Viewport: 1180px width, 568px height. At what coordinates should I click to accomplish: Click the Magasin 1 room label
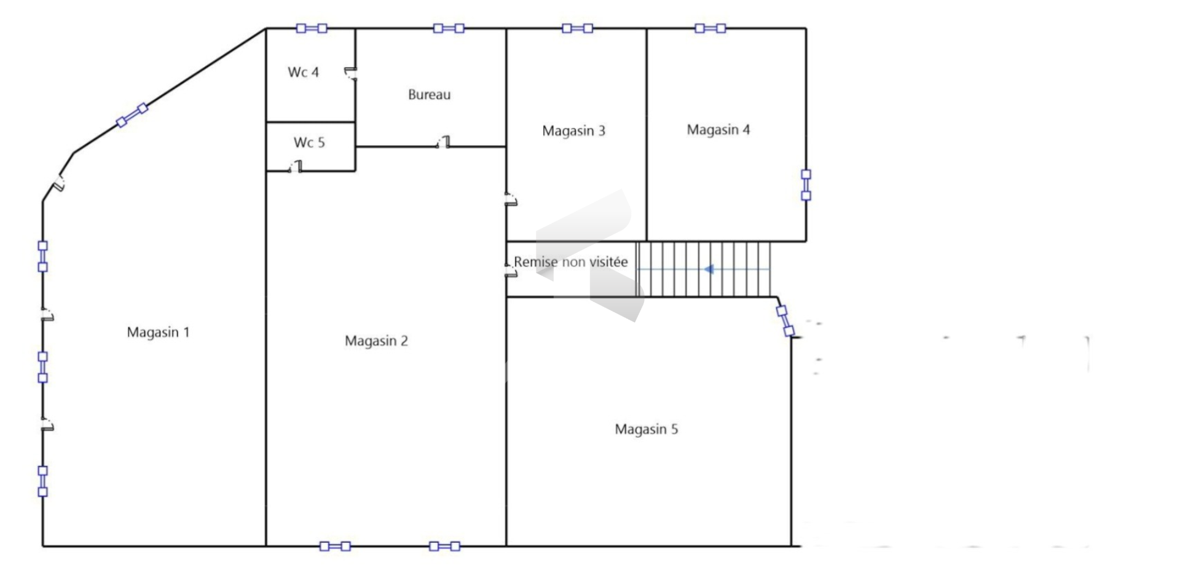click(x=158, y=333)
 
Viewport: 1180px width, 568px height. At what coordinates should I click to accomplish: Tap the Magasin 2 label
click(x=376, y=341)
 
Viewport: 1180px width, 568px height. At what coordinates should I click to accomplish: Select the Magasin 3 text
click(x=573, y=131)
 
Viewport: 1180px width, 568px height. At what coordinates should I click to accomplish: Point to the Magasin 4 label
click(x=718, y=130)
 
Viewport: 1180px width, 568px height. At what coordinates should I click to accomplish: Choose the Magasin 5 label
click(x=646, y=429)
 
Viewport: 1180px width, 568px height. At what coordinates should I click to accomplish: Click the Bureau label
click(x=429, y=95)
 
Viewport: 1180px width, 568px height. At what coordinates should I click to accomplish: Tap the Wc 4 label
click(x=303, y=72)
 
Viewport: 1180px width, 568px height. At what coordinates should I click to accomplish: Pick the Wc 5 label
click(x=309, y=143)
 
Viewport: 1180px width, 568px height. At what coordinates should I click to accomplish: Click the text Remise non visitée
click(x=571, y=262)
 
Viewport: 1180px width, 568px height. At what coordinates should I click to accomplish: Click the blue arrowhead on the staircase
click(x=709, y=269)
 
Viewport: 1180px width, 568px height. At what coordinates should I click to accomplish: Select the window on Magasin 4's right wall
click(x=806, y=185)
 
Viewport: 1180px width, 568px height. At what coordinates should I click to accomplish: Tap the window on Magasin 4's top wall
click(x=710, y=28)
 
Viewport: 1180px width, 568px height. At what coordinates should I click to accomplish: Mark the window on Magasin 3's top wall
click(x=577, y=28)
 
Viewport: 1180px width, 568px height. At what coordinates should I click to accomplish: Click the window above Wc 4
click(x=312, y=28)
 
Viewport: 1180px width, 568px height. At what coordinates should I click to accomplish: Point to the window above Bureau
click(x=449, y=28)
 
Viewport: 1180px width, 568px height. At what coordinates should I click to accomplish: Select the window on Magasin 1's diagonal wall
click(x=132, y=115)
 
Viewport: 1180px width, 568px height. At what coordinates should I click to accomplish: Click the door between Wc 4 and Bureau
click(x=351, y=74)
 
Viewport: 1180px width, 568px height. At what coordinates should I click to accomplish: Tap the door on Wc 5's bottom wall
click(x=296, y=167)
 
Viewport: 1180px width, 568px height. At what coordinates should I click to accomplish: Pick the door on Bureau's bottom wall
click(x=443, y=143)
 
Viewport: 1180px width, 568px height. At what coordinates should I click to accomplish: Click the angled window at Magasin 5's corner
click(x=785, y=321)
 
